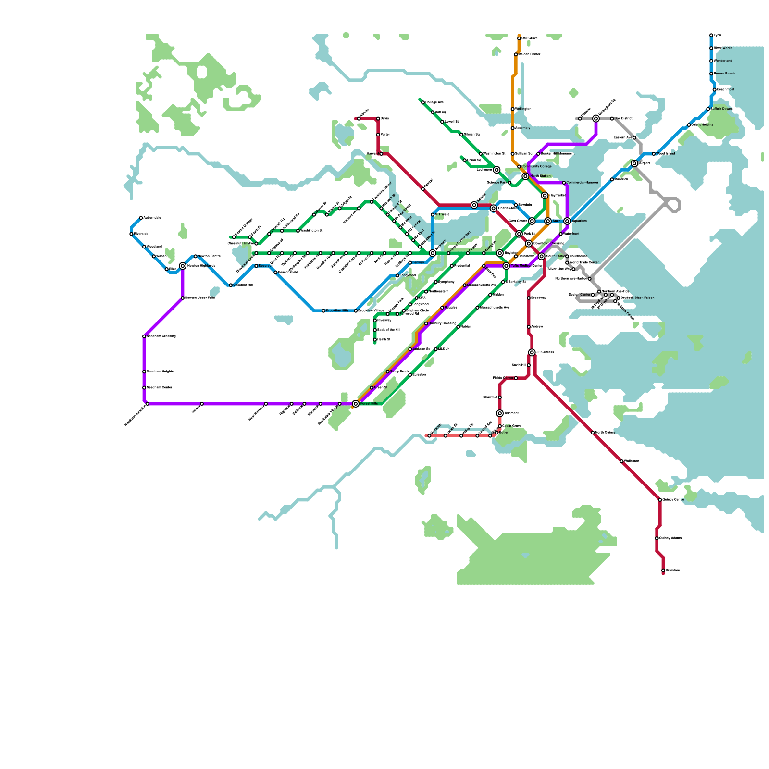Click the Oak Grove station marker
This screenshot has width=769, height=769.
click(x=519, y=38)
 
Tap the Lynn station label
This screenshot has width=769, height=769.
click(x=717, y=35)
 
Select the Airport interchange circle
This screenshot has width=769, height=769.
click(x=634, y=163)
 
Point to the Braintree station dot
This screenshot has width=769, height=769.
click(x=663, y=571)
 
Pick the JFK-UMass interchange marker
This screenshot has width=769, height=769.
click(x=532, y=352)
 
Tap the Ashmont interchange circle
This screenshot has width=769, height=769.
click(x=500, y=413)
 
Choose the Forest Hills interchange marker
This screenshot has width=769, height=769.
click(x=356, y=404)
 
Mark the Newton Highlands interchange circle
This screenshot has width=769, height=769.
click(x=183, y=266)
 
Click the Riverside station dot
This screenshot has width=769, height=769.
click(x=131, y=234)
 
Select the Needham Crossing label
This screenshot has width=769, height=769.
click(x=161, y=336)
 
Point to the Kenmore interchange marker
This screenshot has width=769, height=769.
click(x=433, y=253)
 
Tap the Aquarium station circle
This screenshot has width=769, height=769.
click(x=567, y=221)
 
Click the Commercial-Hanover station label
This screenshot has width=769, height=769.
click(x=583, y=183)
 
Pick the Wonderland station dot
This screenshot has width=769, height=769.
click(x=711, y=61)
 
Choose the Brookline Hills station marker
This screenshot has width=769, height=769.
click(x=323, y=311)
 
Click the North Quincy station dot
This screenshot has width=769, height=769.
click(x=593, y=433)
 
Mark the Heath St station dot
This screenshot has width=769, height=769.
click(x=375, y=340)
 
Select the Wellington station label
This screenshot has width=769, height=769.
click(x=522, y=109)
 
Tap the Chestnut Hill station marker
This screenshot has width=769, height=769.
click(x=231, y=285)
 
